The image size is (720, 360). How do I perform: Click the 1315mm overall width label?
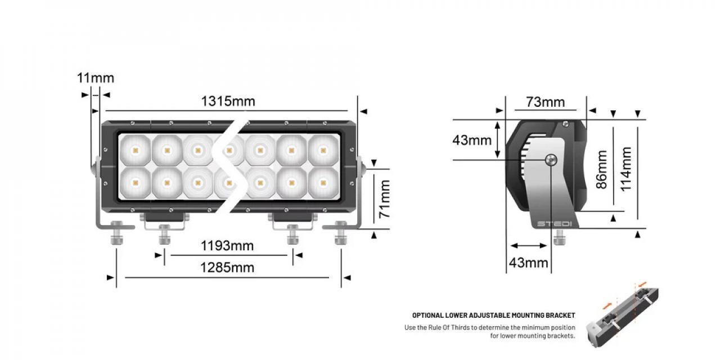(228, 101)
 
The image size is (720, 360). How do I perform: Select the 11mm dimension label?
(95, 78)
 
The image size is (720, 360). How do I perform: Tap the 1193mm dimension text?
(227, 246)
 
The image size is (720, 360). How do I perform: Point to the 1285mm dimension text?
(227, 267)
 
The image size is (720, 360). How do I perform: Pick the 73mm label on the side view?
(545, 102)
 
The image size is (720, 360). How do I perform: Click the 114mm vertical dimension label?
(625, 169)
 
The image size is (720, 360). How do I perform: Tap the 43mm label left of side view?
(472, 140)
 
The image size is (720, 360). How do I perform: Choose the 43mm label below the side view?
(528, 262)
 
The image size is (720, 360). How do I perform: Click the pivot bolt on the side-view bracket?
(551, 160)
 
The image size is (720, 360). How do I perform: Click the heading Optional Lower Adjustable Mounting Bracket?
(493, 316)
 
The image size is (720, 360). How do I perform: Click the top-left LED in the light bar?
(134, 150)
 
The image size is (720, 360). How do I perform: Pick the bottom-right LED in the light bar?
(322, 182)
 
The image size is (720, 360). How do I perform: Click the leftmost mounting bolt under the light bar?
(116, 231)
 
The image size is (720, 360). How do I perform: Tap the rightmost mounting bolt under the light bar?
(340, 231)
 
